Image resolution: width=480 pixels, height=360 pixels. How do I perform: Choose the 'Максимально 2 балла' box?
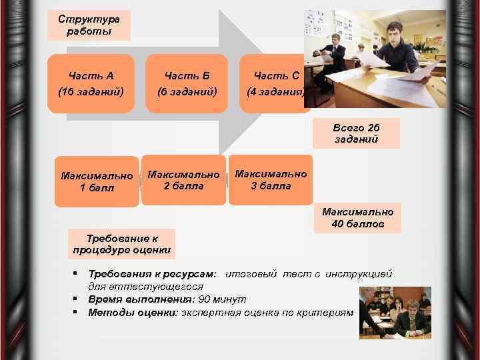(x=183, y=180)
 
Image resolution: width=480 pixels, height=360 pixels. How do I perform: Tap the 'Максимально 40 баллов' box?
(x=358, y=218)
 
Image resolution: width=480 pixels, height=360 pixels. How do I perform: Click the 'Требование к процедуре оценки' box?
(x=123, y=244)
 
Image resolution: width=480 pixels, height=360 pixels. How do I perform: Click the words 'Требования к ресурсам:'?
(x=152, y=274)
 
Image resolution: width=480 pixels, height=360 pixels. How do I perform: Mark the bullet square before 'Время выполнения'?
(x=77, y=299)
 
